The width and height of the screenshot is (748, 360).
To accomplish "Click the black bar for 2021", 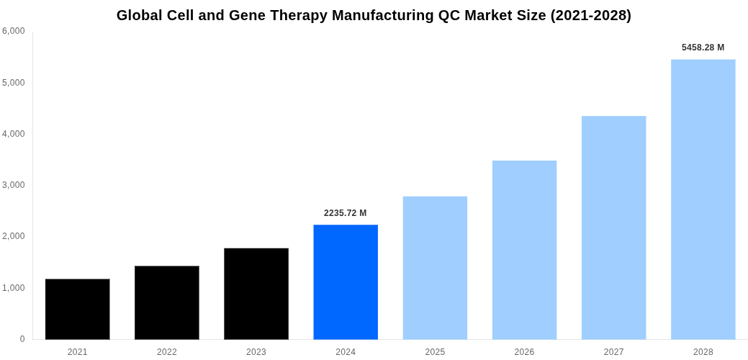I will coord(78,309).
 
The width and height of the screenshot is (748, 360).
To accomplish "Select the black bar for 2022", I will coord(167,302).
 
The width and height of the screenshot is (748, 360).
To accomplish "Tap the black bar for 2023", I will coord(256,294).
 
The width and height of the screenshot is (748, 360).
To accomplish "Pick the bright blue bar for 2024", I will coord(346,282).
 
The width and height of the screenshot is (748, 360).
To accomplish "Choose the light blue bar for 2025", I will coord(435,268).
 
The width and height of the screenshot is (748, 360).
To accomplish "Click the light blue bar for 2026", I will coord(524,250).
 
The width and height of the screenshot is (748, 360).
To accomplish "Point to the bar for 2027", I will coord(613,228).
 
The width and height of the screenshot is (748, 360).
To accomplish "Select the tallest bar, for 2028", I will coord(703,199).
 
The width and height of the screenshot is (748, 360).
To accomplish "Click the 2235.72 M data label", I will coord(346,213).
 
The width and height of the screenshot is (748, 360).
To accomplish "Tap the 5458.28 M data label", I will coord(703,48).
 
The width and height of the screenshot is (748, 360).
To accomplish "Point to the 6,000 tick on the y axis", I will coord(14,31).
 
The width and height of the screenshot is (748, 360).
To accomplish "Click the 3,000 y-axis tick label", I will coord(14,185).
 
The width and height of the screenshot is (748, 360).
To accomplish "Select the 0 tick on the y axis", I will coord(22,339).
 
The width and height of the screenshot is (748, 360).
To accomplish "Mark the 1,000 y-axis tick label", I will coord(14,288).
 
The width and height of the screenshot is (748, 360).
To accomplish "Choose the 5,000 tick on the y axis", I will coord(14,83).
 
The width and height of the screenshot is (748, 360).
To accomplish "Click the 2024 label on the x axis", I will coord(346,352).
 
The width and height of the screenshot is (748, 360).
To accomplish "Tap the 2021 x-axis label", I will coord(78,352).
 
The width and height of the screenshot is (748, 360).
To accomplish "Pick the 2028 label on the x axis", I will coord(703,352).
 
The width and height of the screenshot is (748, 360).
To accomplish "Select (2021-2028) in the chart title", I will coord(590,15).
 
